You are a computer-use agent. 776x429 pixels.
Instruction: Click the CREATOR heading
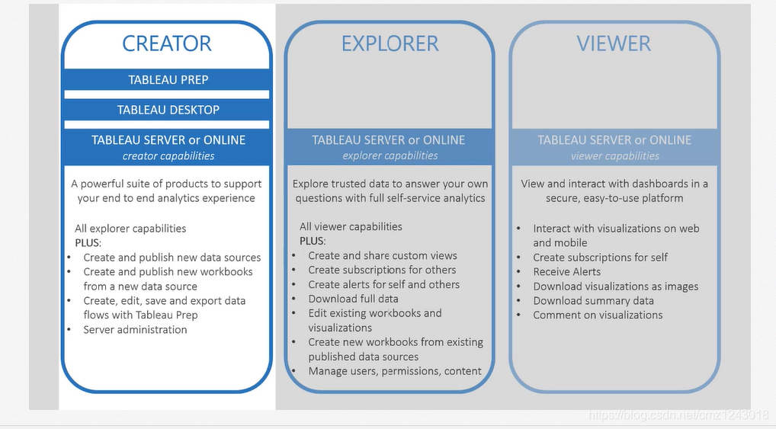(x=167, y=43)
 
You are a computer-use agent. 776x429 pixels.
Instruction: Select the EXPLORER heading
(x=390, y=43)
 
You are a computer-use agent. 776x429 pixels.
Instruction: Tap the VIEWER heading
(x=614, y=43)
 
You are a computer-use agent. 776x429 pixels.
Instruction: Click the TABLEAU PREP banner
(x=168, y=80)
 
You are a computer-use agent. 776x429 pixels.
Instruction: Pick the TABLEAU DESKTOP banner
(x=168, y=110)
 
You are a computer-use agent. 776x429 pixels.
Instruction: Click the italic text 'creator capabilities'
(x=168, y=156)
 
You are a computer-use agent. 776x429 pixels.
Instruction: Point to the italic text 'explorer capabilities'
(x=390, y=155)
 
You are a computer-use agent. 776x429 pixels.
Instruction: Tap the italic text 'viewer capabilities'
(x=614, y=155)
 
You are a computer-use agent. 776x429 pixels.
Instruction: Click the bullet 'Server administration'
(x=135, y=330)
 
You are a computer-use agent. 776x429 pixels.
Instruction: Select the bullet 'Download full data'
(x=353, y=299)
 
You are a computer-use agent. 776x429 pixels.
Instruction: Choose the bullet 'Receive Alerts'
(x=566, y=272)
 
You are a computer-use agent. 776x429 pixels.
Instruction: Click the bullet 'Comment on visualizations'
(x=598, y=315)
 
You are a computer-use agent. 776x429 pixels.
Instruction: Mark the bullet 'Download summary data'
(x=593, y=300)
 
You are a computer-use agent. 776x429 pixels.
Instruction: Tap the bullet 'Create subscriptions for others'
(x=382, y=270)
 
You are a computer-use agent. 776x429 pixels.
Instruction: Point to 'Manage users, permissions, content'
(x=394, y=371)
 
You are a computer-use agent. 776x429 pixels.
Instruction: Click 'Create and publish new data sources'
(x=172, y=258)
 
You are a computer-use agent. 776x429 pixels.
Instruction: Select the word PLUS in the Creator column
(x=88, y=242)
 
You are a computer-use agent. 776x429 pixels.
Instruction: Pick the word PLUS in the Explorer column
(x=313, y=241)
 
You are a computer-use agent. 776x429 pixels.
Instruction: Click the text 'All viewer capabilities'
(x=350, y=226)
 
